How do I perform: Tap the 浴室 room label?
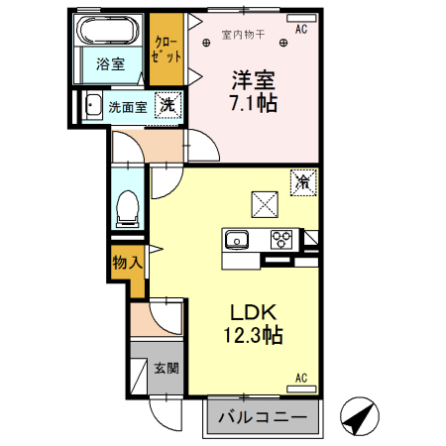click(x=109, y=66)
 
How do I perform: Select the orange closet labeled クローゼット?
click(x=166, y=49)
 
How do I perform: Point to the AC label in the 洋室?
click(x=301, y=30)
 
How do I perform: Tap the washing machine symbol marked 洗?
click(x=169, y=104)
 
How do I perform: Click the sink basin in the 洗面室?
click(x=92, y=105)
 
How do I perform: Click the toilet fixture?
click(x=127, y=208)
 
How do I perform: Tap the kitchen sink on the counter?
click(x=238, y=239)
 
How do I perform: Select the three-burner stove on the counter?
click(x=282, y=239)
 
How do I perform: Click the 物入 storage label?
click(x=127, y=263)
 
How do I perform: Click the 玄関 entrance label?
click(x=167, y=368)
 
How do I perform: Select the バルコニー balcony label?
click(x=263, y=415)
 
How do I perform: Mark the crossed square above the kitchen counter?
click(x=265, y=203)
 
